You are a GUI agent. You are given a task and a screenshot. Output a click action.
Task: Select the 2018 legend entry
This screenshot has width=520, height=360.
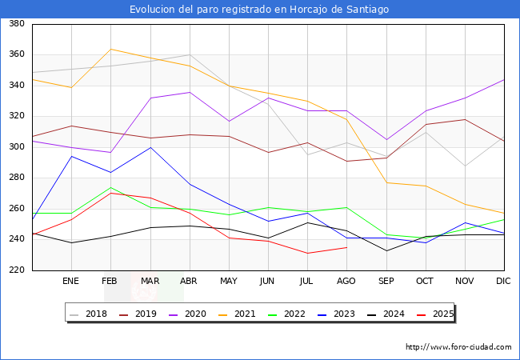[x=88, y=314]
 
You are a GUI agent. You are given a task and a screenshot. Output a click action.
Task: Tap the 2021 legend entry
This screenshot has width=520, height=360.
[x=237, y=314]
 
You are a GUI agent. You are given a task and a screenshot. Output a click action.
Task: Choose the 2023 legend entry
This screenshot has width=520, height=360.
[x=336, y=314]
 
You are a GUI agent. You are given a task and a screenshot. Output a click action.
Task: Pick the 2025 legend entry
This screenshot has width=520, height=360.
[x=435, y=314]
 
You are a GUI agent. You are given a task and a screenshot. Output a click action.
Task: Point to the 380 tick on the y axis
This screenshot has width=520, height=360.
[x=17, y=23]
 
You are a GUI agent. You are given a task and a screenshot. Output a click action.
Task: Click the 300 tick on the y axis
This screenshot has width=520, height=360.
[x=17, y=146]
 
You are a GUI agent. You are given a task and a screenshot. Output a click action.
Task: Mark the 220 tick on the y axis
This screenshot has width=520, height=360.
[x=17, y=270]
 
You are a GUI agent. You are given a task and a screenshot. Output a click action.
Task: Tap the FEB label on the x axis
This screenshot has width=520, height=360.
[x=110, y=281]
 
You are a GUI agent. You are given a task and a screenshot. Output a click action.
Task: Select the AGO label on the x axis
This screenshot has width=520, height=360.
[x=346, y=281]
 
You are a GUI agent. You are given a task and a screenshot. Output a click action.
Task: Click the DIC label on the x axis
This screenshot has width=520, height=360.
[x=503, y=281]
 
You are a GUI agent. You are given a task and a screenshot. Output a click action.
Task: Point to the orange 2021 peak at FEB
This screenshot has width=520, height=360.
[x=110, y=49]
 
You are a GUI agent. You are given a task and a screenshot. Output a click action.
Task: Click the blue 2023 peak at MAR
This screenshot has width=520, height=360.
[x=150, y=147]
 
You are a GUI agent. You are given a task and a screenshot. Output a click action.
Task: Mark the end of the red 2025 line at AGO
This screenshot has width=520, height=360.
[x=347, y=247]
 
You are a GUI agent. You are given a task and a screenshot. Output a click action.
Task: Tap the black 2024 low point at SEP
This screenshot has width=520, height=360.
[x=386, y=251]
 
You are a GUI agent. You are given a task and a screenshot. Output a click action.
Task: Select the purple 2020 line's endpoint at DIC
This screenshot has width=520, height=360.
[x=504, y=80]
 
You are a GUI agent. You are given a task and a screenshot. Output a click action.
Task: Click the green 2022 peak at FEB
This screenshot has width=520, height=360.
[x=110, y=188]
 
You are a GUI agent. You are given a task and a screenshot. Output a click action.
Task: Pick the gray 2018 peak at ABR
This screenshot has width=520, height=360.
[x=190, y=54]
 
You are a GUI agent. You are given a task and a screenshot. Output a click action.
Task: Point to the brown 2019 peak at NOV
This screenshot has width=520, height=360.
[x=466, y=120]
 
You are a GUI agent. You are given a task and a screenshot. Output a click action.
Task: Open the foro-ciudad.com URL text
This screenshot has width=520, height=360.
[x=458, y=347]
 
